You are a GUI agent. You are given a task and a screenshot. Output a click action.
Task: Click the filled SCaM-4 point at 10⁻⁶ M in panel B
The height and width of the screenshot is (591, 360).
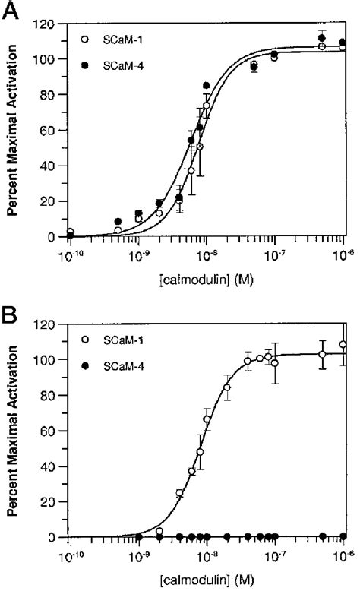344,537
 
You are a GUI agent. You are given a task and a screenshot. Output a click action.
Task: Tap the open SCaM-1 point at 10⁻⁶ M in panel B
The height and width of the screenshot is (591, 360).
344,344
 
